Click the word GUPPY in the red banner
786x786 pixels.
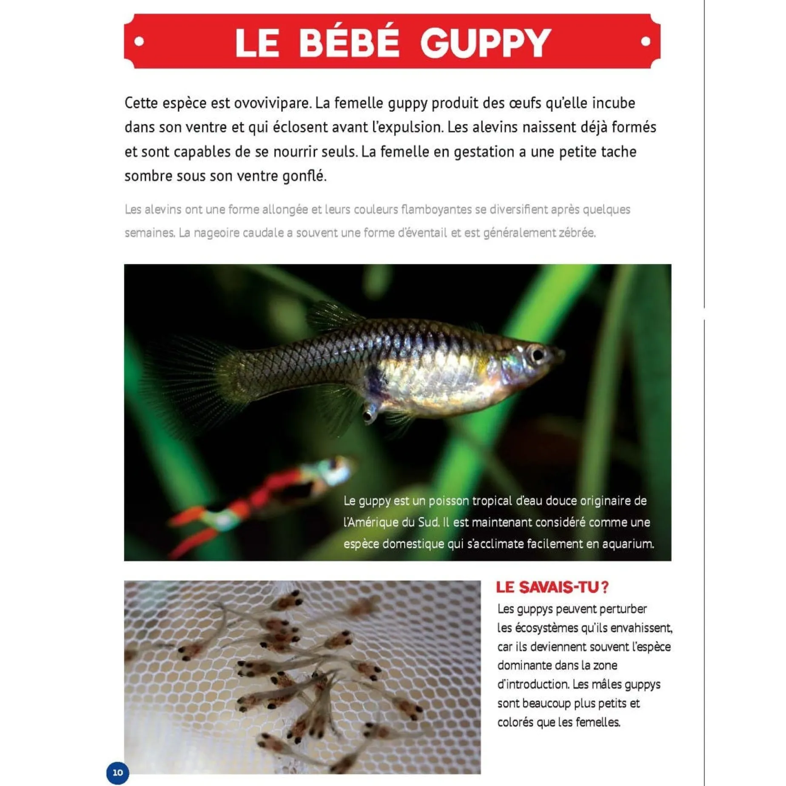[486, 43]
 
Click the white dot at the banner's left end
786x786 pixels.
[139, 41]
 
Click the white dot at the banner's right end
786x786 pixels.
[645, 41]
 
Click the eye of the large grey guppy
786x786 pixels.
[537, 354]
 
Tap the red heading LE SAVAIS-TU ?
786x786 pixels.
[552, 587]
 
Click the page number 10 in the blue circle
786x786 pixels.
[117, 772]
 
